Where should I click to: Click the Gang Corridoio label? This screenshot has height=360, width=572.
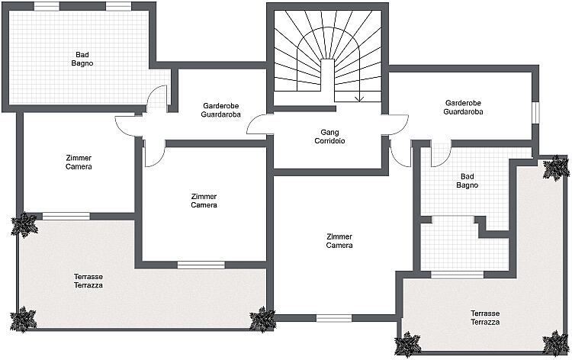point(329,137)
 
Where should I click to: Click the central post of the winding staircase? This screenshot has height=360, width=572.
point(328,80)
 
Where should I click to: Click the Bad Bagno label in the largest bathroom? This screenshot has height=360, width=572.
point(82,59)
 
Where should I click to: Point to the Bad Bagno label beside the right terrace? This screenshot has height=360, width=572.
point(467,181)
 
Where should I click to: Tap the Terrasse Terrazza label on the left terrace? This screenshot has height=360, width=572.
point(88,281)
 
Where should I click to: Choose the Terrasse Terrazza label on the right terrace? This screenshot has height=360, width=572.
point(485,318)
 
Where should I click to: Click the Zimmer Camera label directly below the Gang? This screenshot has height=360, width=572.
point(339,241)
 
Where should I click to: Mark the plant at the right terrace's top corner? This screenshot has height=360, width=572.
point(556,168)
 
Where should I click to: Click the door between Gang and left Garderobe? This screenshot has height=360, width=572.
point(260,124)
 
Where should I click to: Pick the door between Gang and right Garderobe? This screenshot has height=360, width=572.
point(395,125)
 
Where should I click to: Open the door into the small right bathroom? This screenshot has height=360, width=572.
point(441,154)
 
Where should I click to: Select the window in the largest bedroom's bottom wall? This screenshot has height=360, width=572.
point(334,318)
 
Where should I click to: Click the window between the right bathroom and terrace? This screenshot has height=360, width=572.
point(457,275)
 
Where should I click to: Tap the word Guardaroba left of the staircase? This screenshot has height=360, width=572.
point(220,114)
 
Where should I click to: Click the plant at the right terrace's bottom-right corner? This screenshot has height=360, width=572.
point(555,343)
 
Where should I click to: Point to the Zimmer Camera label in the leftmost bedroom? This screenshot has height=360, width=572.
point(79,162)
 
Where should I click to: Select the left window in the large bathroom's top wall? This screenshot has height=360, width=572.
point(47,6)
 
